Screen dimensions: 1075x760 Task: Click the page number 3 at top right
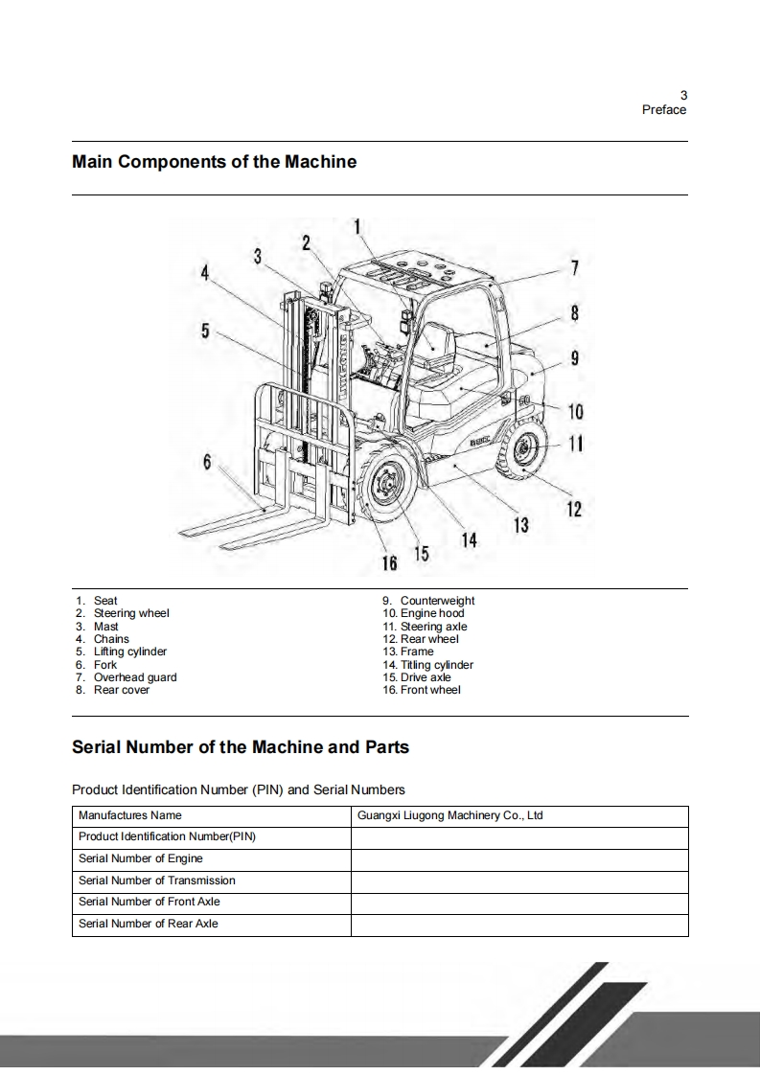[x=683, y=95]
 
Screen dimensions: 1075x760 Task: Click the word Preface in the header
[x=664, y=110]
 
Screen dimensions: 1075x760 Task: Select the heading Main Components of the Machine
[x=215, y=162]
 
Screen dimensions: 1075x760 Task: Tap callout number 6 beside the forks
[x=207, y=461]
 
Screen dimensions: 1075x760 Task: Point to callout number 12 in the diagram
[x=574, y=509]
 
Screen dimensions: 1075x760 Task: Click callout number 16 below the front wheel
[x=391, y=561]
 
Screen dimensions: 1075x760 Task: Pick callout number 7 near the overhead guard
[x=574, y=267]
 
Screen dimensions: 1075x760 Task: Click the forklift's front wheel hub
[x=388, y=486]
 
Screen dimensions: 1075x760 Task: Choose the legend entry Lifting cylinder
[x=129, y=652]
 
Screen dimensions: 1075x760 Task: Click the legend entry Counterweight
[x=437, y=601]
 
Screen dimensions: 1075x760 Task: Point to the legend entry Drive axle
[x=426, y=677]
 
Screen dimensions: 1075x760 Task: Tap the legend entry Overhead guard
[x=134, y=677]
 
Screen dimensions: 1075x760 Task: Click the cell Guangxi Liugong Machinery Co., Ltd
[x=449, y=816]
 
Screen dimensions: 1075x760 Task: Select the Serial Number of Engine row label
[x=141, y=859]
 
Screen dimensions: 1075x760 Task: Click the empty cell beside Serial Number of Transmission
[x=518, y=881]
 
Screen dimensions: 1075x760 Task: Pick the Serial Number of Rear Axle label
[x=149, y=925]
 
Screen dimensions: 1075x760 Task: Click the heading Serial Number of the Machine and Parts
[x=241, y=746]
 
